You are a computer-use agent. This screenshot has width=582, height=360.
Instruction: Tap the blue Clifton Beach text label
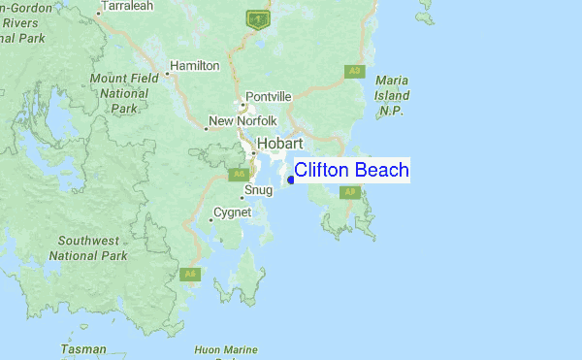pos(351,171)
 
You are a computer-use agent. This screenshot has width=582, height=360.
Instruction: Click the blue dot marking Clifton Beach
pos(291,180)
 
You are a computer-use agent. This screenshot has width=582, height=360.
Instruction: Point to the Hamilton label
pos(195,66)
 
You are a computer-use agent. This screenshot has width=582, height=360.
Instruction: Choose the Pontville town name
pos(269,96)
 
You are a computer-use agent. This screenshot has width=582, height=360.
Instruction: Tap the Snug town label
pos(259,190)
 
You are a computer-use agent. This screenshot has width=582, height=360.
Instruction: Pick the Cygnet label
pos(232,213)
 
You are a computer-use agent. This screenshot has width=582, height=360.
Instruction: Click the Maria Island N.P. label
pos(392,95)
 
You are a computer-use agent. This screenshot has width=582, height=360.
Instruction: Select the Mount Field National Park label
pos(119,93)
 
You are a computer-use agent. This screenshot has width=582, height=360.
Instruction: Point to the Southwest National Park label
pos(87,247)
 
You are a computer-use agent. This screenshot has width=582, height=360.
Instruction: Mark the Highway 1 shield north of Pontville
pos(257,17)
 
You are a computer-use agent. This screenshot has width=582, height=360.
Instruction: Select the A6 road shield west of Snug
pos(239,174)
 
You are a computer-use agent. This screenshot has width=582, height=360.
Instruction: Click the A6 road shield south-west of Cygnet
pos(190,275)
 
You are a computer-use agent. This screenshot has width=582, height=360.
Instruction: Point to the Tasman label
pos(83,347)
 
